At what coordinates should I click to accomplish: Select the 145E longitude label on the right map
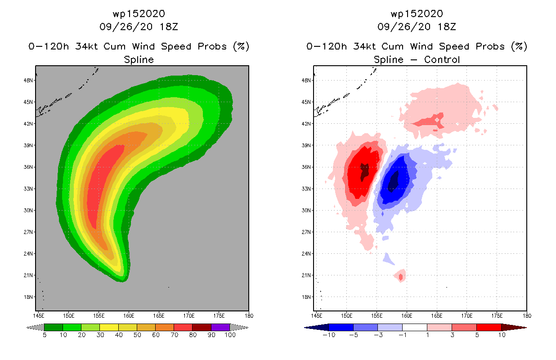pos(317,315)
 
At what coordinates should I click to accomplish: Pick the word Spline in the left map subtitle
pos(139,59)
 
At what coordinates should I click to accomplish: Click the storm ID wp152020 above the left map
pos(139,13)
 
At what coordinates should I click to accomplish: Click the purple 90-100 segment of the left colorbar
pos(220,328)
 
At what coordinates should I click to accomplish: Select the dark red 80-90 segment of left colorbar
pos(202,328)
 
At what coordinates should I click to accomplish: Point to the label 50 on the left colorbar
pos(137,335)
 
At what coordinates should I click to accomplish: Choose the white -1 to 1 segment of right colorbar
pos(415,328)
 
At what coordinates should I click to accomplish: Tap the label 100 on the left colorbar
pos(229,335)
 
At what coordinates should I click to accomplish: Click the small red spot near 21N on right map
pos(400,276)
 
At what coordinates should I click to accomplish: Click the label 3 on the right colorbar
pos(452,335)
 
